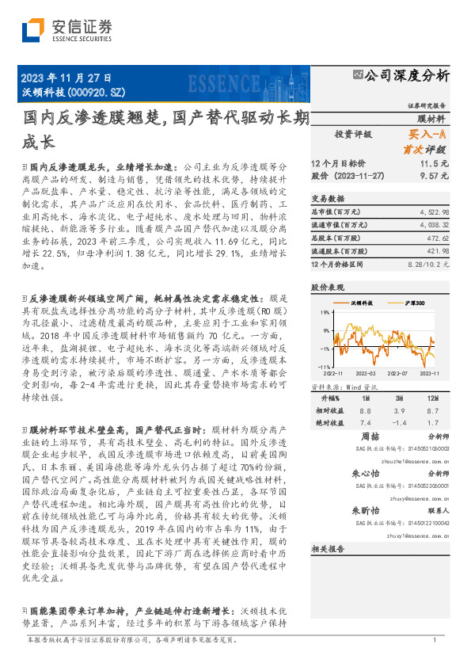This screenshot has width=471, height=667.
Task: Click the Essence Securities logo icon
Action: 33,31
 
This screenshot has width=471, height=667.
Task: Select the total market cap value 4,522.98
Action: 435,212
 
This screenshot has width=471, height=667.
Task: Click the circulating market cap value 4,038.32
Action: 435,225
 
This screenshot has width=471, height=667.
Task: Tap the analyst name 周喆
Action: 370,436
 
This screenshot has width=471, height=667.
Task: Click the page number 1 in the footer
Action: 435,640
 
